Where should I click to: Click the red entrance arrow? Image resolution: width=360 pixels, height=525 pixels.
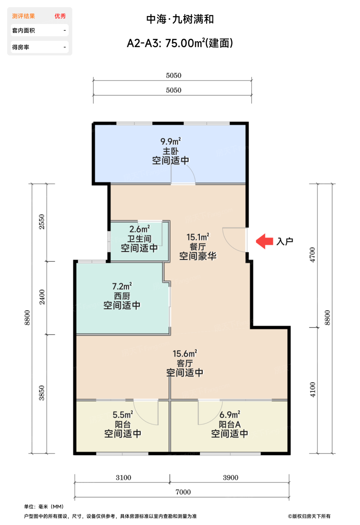pos(264,241)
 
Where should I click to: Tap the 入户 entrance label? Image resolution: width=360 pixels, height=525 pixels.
pos(285,241)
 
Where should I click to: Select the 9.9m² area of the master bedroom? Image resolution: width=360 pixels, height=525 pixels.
pos(171,141)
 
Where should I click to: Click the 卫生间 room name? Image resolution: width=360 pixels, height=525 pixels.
pos(139,239)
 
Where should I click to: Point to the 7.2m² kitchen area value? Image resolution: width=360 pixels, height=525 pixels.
pos(122,286)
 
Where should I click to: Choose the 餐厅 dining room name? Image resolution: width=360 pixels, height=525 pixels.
pos(198,247)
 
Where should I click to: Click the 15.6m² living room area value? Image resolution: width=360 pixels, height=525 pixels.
pos(185,353)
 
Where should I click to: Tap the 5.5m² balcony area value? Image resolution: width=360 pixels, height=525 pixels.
pos(123,415)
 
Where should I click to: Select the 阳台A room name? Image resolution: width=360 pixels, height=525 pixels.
pos(229,424)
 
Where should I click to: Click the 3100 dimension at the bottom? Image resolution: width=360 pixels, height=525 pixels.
pos(123,477)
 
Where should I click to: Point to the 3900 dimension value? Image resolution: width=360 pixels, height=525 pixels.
pos(230,477)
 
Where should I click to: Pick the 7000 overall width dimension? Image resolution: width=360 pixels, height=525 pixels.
pos(183,492)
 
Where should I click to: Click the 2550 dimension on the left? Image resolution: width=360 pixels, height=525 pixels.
pos(42,222)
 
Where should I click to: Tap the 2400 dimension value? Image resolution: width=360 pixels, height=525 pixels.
pos(42,297)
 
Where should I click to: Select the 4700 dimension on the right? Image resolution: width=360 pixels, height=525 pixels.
pos(312,255)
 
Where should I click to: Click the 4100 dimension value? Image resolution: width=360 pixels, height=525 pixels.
pos(312,390)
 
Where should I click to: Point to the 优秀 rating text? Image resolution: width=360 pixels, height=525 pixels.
pos(60,16)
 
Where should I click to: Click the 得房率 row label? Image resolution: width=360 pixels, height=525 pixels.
pos(21,47)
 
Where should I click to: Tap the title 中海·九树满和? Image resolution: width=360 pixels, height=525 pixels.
pos(180,19)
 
